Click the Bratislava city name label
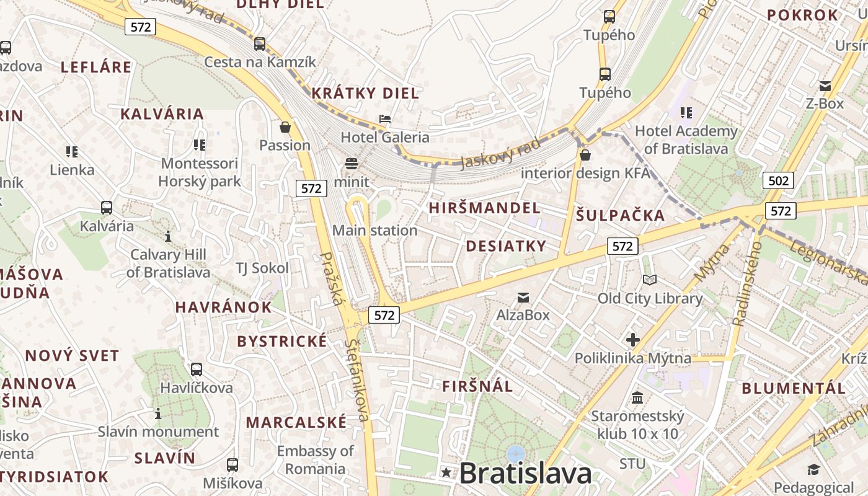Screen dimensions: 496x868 [526, 474]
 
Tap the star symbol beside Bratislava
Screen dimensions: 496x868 [446, 473]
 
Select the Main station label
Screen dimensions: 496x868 [374, 231]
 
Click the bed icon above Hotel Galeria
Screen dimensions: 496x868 [385, 119]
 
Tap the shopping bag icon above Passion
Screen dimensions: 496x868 [285, 127]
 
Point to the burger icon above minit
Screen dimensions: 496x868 [352, 164]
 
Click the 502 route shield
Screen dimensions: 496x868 [778, 180]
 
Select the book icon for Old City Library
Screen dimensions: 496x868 [649, 280]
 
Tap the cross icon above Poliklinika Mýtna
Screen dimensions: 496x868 [632, 340]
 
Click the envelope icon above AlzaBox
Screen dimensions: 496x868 [523, 297]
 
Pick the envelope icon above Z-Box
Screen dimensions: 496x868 [825, 86]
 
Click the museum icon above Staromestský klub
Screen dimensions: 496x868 [637, 397]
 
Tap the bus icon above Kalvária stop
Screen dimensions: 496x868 [107, 208]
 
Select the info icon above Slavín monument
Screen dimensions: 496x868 [158, 414]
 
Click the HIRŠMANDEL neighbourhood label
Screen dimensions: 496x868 [484, 208]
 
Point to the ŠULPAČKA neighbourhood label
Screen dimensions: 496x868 [620, 216]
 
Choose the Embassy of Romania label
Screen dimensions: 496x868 [315, 459]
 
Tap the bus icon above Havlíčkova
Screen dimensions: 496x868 [197, 370]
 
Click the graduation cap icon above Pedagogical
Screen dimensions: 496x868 [813, 470]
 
